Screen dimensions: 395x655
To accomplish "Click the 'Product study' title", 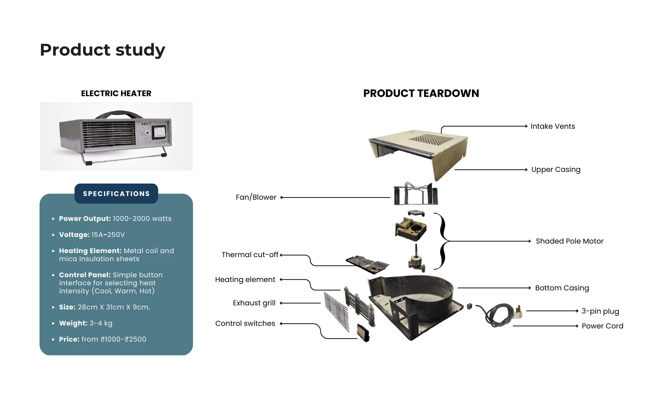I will click(x=103, y=50).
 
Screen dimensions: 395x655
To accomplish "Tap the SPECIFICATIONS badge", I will click(x=116, y=193).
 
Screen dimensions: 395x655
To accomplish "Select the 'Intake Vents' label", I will click(x=552, y=126).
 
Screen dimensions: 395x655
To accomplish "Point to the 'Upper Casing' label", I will click(x=555, y=169).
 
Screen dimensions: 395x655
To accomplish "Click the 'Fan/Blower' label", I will click(x=256, y=197).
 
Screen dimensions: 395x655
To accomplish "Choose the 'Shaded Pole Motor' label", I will click(x=569, y=241).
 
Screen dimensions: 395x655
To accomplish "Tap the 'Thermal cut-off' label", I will click(x=250, y=255).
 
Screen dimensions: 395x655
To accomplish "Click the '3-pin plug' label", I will click(x=600, y=311).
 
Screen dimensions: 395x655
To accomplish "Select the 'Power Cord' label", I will click(x=602, y=326).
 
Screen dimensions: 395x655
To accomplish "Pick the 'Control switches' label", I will click(x=245, y=323).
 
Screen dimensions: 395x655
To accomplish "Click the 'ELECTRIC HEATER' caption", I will click(x=116, y=93).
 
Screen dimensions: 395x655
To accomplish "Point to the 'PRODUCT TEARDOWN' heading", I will click(x=421, y=93).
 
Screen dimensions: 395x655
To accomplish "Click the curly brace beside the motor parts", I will click(x=443, y=241).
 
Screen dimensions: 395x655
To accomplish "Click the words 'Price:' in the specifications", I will click(x=69, y=339).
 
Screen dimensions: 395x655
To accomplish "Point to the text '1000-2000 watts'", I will click(x=142, y=218).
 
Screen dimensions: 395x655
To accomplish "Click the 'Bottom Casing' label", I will click(x=562, y=288).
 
